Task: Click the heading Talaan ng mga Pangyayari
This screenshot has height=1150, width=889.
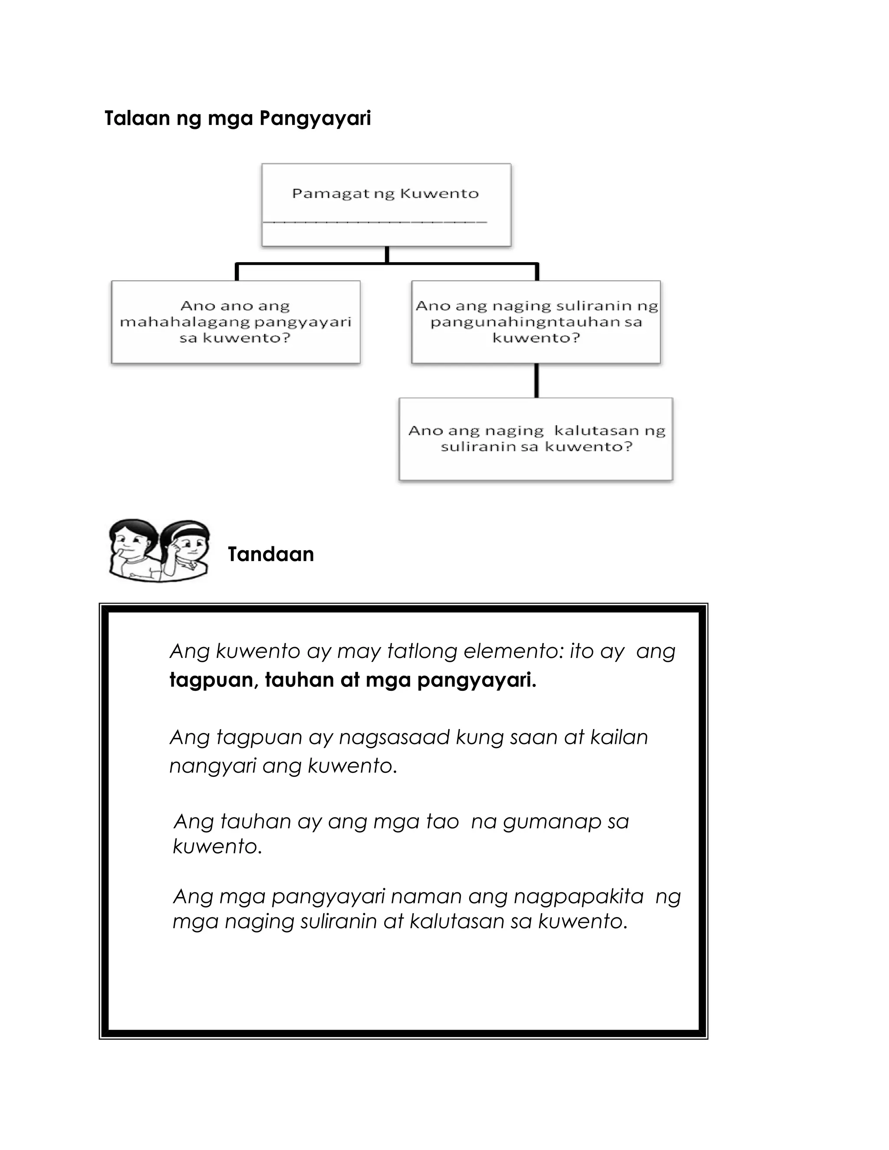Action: [x=237, y=118]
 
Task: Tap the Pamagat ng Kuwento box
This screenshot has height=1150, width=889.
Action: [x=386, y=204]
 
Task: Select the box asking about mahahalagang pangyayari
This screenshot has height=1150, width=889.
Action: [x=235, y=322]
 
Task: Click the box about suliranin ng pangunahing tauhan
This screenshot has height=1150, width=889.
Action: [x=536, y=322]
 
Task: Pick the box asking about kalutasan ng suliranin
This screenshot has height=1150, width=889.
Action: [x=536, y=439]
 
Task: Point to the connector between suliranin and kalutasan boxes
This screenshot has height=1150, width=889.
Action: [x=536, y=380]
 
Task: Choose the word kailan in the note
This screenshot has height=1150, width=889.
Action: [x=619, y=737]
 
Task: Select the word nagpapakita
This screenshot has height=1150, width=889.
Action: [x=578, y=896]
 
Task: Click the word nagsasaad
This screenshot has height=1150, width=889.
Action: [x=394, y=737]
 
